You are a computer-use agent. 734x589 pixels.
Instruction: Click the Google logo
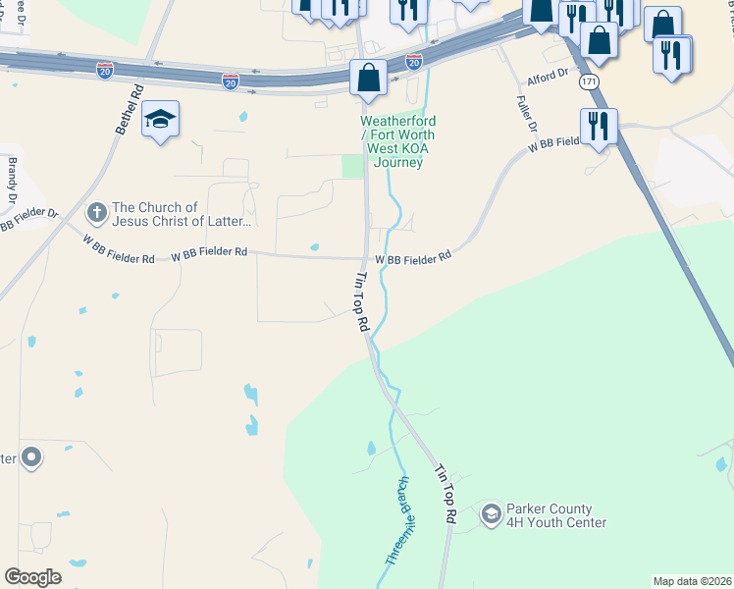(33, 577)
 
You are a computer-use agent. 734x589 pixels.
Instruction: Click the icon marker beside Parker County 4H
(492, 513)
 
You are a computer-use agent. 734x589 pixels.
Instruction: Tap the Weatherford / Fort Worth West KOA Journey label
(397, 141)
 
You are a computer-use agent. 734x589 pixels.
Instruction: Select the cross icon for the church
(97, 212)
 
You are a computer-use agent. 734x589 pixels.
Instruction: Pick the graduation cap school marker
(160, 121)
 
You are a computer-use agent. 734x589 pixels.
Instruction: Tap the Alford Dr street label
(548, 74)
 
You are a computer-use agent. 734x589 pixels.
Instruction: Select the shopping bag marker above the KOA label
(368, 79)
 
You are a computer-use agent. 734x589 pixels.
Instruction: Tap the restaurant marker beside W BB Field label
(598, 126)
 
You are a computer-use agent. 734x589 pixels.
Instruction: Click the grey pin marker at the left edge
(31, 456)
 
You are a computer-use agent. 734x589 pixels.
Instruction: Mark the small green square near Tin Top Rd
(352, 166)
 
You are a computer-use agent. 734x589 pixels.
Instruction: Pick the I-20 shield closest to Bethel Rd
(105, 70)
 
